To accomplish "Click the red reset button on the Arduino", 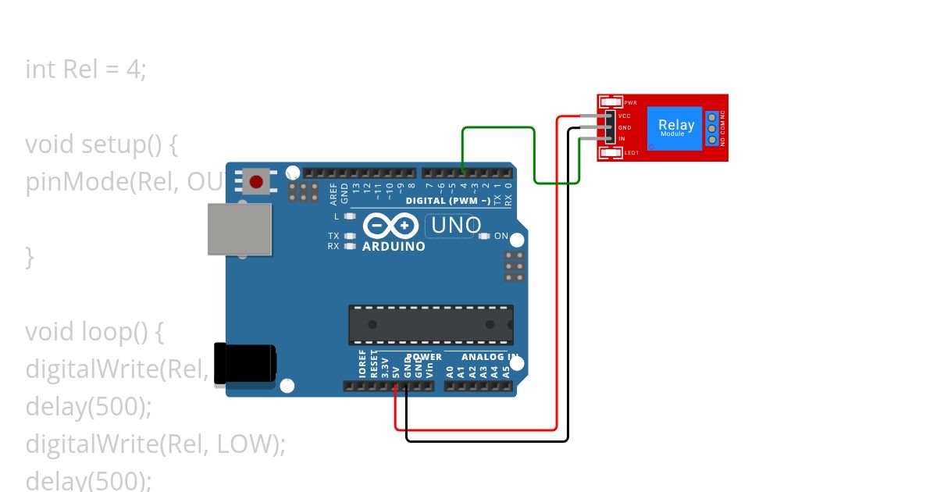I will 255,183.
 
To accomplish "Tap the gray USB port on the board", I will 240,229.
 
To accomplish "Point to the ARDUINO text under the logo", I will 394,246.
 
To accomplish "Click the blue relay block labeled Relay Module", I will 676,127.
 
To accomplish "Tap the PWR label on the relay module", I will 631,102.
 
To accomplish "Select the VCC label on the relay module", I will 625,116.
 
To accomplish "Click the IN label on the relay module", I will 622,139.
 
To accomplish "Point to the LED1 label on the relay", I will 632,152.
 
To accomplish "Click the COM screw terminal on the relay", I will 712,128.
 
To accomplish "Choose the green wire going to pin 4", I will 498,127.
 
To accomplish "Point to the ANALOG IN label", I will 490,357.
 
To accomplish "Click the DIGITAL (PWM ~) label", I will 448,201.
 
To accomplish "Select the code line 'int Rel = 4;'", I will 86,70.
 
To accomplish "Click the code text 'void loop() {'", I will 94,332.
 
